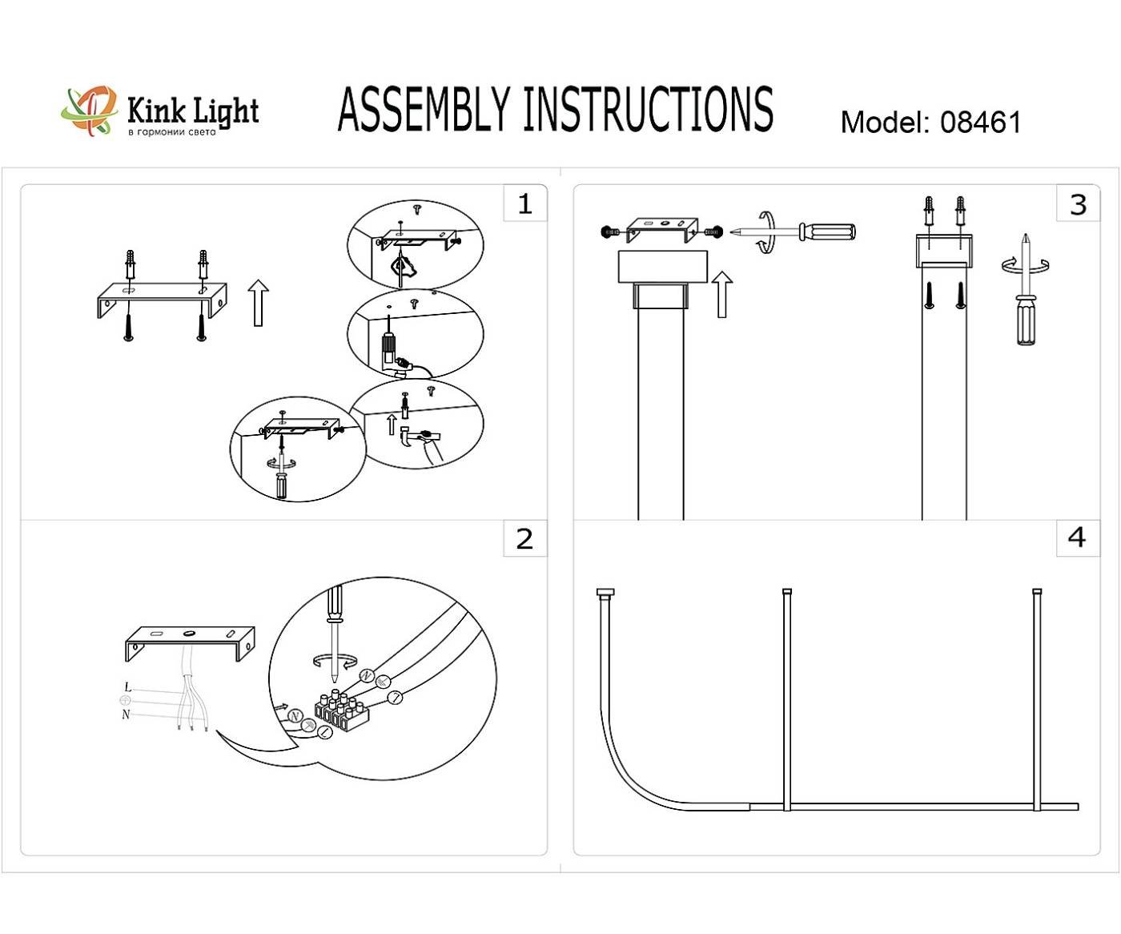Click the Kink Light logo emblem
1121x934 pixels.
click(89, 111)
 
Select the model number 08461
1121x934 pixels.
click(980, 123)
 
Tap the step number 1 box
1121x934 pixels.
click(524, 203)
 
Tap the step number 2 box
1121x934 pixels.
click(524, 538)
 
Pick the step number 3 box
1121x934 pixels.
click(1078, 204)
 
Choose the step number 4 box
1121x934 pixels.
click(1077, 537)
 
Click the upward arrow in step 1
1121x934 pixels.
click(258, 303)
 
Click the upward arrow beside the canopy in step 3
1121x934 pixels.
click(722, 294)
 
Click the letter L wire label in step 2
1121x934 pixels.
click(127, 687)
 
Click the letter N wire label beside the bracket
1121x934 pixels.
click(126, 715)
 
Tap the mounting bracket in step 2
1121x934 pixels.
click(190, 641)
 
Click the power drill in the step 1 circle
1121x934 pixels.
click(391, 348)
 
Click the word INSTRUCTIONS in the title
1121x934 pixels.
click(648, 110)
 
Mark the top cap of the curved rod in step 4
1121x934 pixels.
click(605, 594)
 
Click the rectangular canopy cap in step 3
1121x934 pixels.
click(662, 267)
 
